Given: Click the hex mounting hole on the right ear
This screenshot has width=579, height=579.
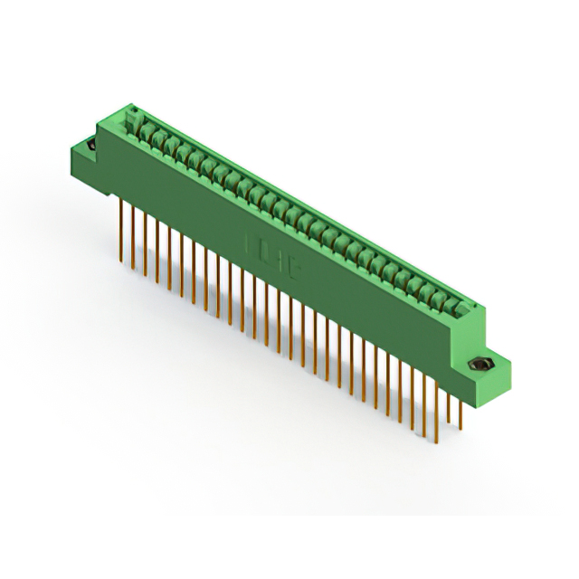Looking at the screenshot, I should [479, 365].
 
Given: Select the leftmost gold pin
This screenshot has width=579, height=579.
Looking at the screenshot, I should [121, 231].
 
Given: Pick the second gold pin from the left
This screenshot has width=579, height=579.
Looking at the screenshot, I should [133, 237].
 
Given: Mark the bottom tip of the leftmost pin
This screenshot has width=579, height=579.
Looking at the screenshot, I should [121, 262].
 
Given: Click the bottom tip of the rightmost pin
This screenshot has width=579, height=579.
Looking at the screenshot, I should [460, 429].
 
